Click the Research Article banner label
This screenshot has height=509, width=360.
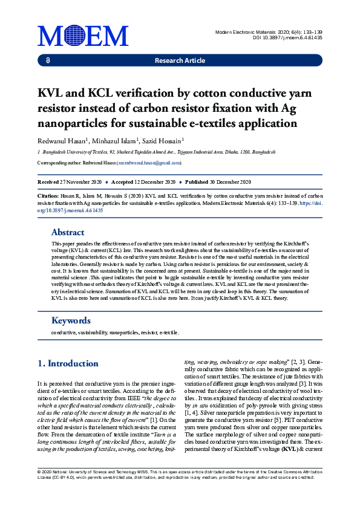[x=180, y=61]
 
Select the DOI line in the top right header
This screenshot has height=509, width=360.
[x=287, y=37]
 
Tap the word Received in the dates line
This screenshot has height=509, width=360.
[x=48, y=182]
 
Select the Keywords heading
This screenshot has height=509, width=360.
[x=71, y=320]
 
